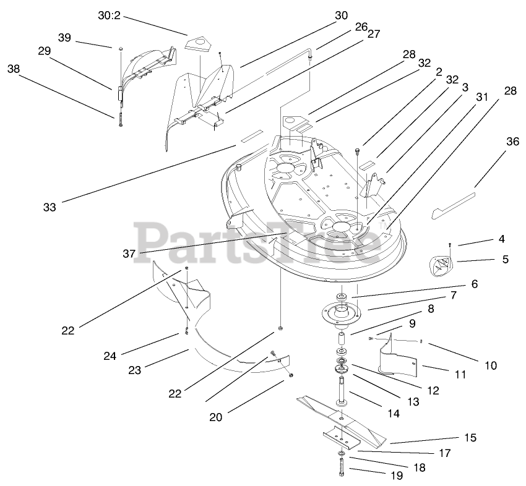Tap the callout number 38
click(x=14, y=70)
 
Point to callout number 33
click(x=50, y=208)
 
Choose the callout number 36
click(x=512, y=142)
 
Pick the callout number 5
click(x=506, y=260)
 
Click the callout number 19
click(x=396, y=475)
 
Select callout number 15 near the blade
click(x=470, y=438)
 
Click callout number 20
click(x=215, y=417)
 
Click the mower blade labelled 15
click(x=347, y=420)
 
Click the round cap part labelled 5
click(x=438, y=267)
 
